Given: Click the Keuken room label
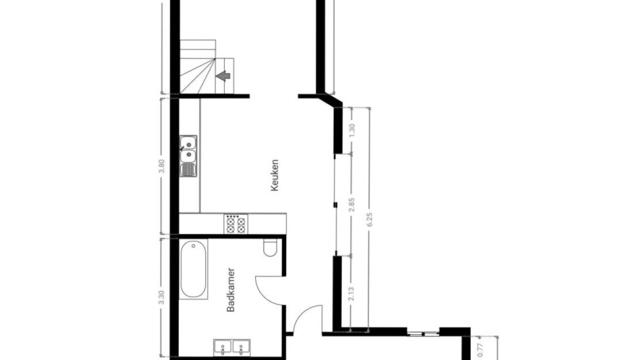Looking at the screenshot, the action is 275,175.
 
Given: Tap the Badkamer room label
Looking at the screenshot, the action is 231,290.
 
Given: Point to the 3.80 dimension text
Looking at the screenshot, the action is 161,166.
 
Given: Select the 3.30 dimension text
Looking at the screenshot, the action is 161,298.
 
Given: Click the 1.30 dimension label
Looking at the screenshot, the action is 352,130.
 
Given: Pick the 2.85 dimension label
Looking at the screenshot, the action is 352,205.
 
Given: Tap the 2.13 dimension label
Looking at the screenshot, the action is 352,294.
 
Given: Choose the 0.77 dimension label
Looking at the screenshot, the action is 479,350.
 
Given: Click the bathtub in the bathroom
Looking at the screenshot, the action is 193,269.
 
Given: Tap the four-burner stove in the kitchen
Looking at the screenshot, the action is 236,223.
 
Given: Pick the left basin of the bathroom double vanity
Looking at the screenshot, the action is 222,348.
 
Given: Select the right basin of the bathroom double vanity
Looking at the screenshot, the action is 241,348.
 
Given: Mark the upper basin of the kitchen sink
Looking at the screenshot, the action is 188,143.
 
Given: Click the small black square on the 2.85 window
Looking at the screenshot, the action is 335,204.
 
